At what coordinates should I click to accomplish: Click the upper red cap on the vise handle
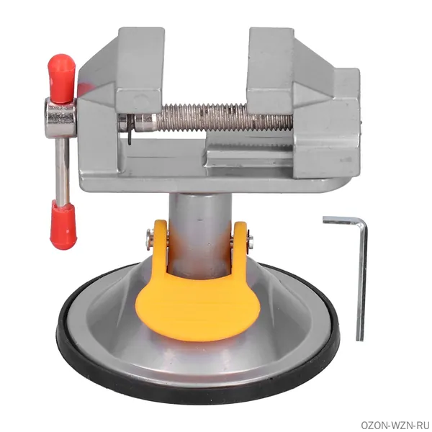[61, 78]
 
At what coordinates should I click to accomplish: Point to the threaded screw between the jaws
[223, 117]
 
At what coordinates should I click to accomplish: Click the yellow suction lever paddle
[198, 306]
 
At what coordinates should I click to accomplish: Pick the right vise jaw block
[271, 69]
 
